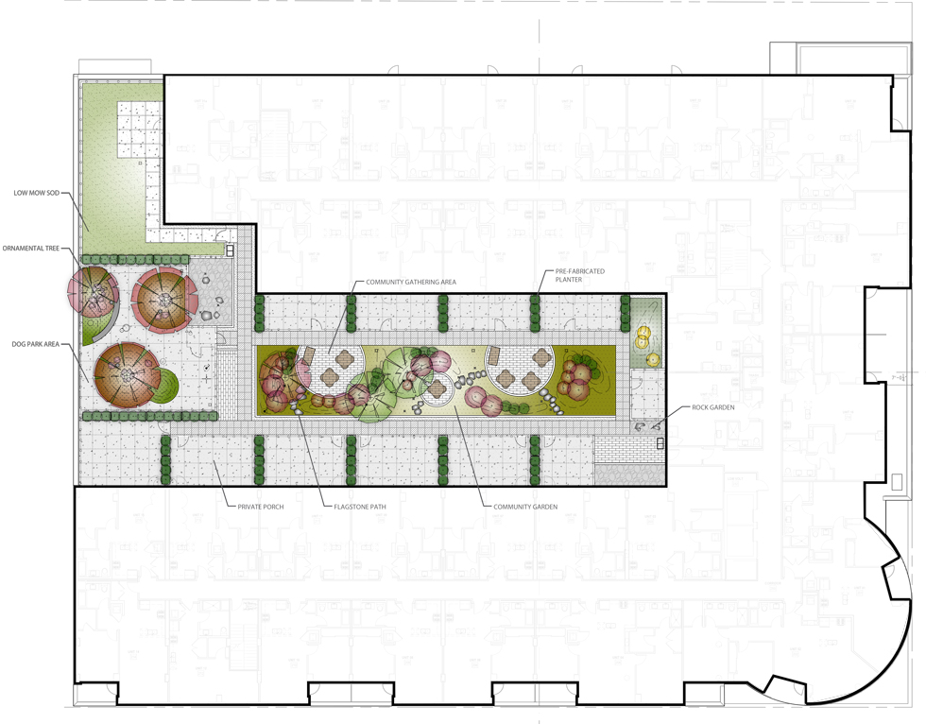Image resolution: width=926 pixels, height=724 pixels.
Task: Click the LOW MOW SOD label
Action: click(x=36, y=193)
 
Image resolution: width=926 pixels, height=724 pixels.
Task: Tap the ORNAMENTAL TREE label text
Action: click(x=31, y=249)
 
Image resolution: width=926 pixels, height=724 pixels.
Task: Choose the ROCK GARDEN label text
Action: click(x=713, y=408)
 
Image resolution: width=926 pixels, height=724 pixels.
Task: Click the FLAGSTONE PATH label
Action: click(x=359, y=507)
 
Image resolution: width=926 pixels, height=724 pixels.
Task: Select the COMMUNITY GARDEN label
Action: click(x=525, y=507)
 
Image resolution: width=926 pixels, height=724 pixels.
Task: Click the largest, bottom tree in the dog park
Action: click(x=125, y=376)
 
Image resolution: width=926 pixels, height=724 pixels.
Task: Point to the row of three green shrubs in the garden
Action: click(x=516, y=407)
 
